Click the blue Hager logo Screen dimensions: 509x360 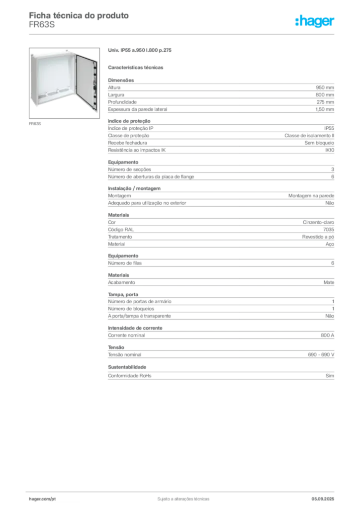pyautogui.click(x=315, y=22)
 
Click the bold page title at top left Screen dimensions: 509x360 pyautogui.click(x=80, y=16)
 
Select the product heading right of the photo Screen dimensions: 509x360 pyautogui.click(x=141, y=51)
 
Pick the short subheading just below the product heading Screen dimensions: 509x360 pyautogui.click(x=137, y=67)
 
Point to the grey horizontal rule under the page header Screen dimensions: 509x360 pyautogui.click(x=183, y=34)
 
